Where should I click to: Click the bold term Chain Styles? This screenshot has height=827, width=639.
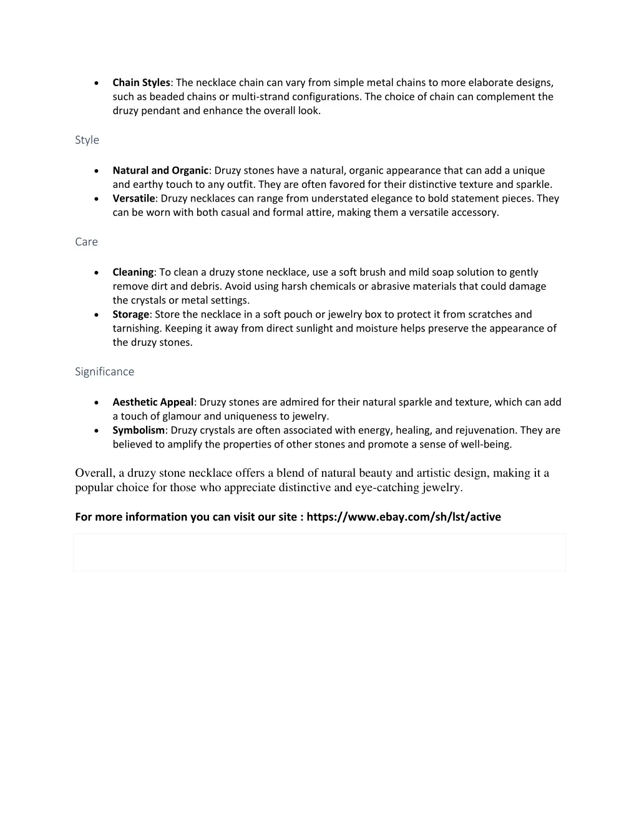pyautogui.click(x=141, y=82)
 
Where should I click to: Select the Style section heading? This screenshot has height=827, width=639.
pyautogui.click(x=87, y=140)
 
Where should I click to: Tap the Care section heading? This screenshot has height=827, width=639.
pyautogui.click(x=86, y=242)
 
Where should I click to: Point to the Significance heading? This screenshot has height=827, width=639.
pyautogui.click(x=104, y=371)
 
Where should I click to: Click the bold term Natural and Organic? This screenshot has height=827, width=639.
pyautogui.click(x=160, y=170)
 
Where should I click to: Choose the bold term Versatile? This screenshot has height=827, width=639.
pyautogui.click(x=134, y=198)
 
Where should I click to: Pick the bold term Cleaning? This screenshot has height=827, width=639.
pyautogui.click(x=133, y=272)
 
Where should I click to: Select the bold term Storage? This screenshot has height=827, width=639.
pyautogui.click(x=130, y=315)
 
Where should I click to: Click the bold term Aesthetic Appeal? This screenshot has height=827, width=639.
pyautogui.click(x=153, y=402)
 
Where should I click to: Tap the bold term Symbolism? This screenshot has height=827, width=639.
pyautogui.click(x=139, y=430)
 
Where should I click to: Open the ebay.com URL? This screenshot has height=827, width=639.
pyautogui.click(x=404, y=517)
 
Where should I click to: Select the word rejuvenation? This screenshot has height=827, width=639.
pyautogui.click(x=484, y=430)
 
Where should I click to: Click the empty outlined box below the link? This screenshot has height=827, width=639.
pyautogui.click(x=319, y=552)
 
